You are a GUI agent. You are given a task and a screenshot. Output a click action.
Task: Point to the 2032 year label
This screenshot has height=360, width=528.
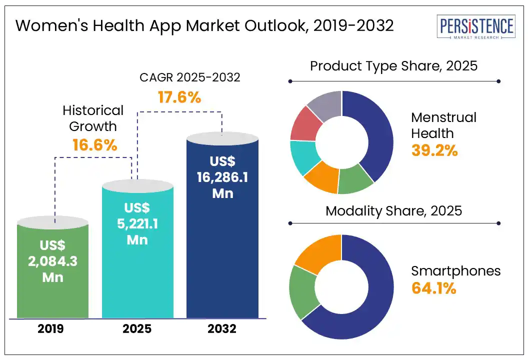[x=222, y=329]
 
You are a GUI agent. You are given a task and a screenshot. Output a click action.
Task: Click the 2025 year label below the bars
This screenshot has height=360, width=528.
[x=137, y=329]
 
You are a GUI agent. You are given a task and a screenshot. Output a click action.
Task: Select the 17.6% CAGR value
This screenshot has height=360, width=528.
[x=179, y=97]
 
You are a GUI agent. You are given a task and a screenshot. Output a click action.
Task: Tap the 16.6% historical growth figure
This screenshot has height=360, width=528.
[x=94, y=145]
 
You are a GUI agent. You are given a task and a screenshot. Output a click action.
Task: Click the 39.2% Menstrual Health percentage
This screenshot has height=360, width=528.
[x=434, y=150]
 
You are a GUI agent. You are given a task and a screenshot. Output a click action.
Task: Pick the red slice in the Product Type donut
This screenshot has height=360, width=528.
[x=304, y=123]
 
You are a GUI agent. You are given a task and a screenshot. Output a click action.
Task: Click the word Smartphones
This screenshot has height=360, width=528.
[x=455, y=271]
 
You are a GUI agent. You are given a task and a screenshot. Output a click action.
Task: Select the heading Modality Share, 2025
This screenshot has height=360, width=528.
[x=394, y=210]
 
